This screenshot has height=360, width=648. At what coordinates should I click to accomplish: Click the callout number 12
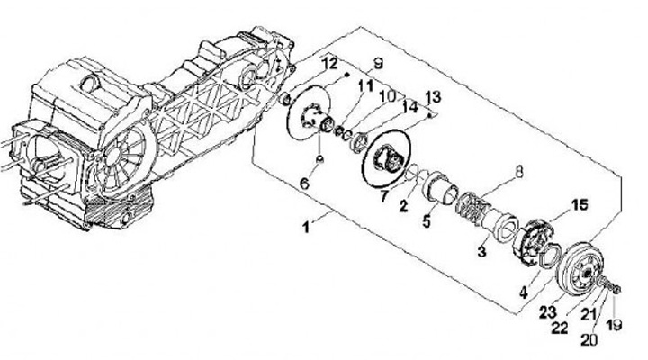tap(329, 64)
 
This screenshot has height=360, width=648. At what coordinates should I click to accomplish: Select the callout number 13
tap(433, 95)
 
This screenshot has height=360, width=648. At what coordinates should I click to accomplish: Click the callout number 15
tap(580, 205)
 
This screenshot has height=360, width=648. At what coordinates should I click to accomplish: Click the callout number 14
tap(412, 107)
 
